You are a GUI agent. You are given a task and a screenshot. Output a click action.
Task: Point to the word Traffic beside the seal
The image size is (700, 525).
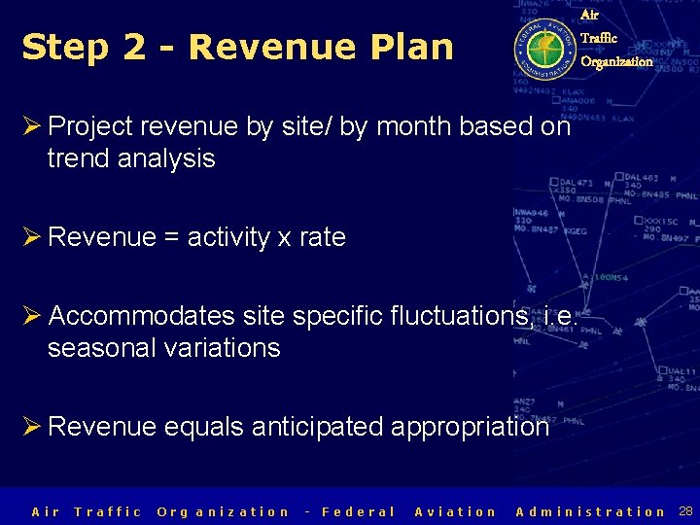point(598,38)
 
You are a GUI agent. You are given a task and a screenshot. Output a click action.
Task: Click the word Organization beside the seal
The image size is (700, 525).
point(616,61)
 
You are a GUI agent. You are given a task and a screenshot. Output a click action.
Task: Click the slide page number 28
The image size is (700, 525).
point(685,511)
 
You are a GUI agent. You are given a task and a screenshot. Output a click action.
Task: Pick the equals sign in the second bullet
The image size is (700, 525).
point(171,237)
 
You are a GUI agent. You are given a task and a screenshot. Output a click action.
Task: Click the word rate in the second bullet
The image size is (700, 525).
point(322,237)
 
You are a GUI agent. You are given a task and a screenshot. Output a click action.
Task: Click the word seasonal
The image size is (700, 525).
point(104,348)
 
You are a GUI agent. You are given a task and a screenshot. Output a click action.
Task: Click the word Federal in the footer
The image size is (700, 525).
point(358,511)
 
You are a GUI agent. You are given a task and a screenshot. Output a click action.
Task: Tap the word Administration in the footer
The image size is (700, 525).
point(591,511)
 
